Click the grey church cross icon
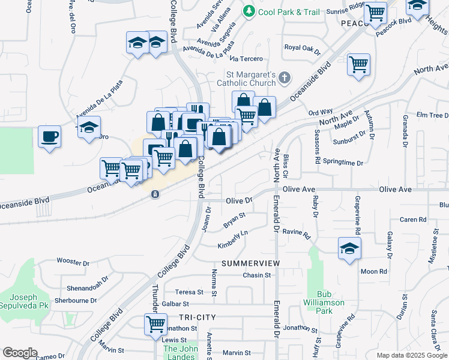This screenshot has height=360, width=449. tap(285, 77)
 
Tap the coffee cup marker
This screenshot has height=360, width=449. tap(49, 136)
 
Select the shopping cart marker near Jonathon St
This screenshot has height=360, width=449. tap(155, 324)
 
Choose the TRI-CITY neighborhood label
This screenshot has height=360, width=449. tap(196, 317)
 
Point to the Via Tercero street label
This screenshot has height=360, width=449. tap(247, 59)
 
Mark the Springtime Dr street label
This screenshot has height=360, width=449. tap(343, 163)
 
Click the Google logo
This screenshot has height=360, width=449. tap(20, 353)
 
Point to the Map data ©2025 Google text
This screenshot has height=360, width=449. tap(411, 355)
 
